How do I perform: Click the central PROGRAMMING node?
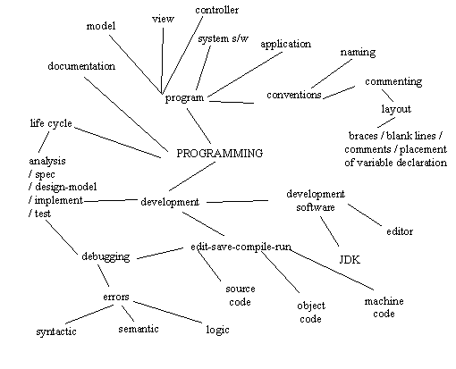pos(220,154)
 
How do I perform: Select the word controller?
pos(217,10)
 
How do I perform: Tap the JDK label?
pos(350,260)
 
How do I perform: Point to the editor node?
pos(400,231)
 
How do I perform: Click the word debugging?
pos(106,256)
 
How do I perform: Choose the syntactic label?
pos(56,331)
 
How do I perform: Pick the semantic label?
pos(139,329)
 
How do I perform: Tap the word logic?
pos(217,330)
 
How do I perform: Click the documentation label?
pos(81,66)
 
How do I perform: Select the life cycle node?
pos(51,123)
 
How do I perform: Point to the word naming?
pos(358,53)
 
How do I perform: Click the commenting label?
pos(393,81)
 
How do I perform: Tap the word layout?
pos(396,109)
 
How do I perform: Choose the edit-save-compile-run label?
pos(241,247)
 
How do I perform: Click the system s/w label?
pos(223,38)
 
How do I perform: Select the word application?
pos(285,44)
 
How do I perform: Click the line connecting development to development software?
pos(237,201)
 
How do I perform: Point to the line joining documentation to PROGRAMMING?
pos(126,113)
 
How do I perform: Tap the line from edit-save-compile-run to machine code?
pos(332,270)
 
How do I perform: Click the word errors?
pos(116,297)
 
